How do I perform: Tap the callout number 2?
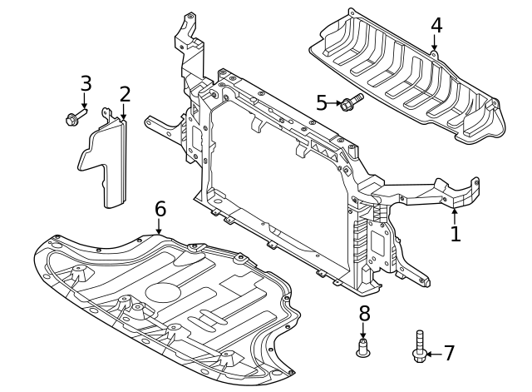[x=125, y=94]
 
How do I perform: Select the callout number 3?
[x=86, y=83]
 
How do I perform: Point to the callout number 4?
[x=436, y=26]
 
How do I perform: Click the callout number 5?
[x=322, y=103]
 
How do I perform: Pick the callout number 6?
[x=160, y=208]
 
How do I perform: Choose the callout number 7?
[x=449, y=354]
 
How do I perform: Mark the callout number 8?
[x=363, y=314]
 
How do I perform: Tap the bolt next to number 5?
[x=351, y=102]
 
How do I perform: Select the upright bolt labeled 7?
[x=419, y=346]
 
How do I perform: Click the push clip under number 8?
[x=363, y=347]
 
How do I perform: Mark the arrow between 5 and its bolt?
[x=334, y=103]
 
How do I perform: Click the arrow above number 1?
[x=455, y=214]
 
